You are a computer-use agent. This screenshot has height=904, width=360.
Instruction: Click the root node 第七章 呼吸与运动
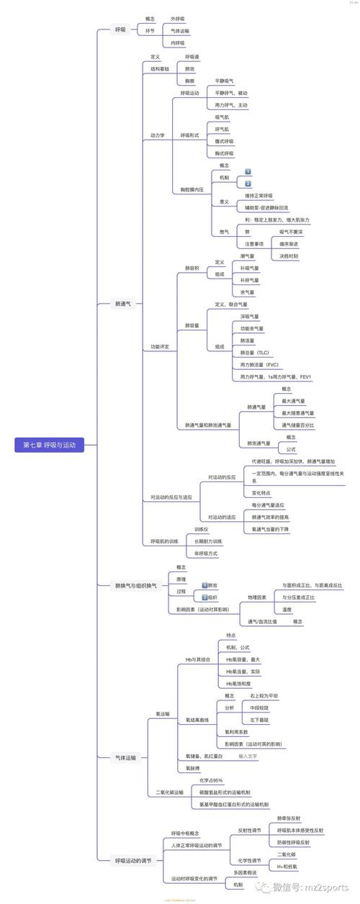(x=49, y=446)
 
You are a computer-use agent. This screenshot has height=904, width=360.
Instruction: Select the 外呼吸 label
(x=176, y=19)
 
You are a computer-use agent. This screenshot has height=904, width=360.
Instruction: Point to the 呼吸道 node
(x=192, y=56)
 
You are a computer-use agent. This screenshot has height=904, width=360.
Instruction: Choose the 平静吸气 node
(x=224, y=81)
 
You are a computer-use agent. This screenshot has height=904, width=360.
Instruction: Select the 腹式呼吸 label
(x=224, y=141)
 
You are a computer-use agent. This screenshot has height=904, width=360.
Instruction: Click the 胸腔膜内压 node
(x=192, y=189)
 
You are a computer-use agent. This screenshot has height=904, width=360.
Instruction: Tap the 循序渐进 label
(x=289, y=244)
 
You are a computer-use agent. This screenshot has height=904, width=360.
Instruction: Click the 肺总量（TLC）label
(x=259, y=353)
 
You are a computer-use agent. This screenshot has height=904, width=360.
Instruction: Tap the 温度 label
(x=287, y=609)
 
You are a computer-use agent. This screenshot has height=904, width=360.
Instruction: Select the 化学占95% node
(x=211, y=780)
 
